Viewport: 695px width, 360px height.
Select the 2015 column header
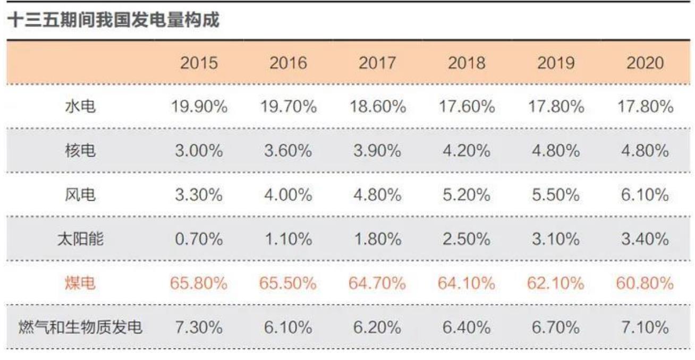tap(199, 63)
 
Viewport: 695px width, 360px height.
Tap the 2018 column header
tap(467, 63)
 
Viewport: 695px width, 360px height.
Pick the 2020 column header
tap(645, 63)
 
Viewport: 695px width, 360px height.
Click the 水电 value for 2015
tap(199, 107)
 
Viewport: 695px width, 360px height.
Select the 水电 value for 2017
tap(377, 107)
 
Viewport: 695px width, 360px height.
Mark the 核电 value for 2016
tap(288, 151)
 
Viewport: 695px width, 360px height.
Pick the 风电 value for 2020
tap(645, 195)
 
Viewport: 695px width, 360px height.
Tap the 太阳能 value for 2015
tap(199, 239)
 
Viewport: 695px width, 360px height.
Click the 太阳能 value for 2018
tap(467, 239)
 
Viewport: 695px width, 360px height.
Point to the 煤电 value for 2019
tap(556, 284)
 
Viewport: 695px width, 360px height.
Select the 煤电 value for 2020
tap(645, 284)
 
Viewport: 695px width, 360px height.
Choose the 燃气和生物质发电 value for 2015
tap(199, 328)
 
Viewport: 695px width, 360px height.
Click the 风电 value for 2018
tap(467, 195)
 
